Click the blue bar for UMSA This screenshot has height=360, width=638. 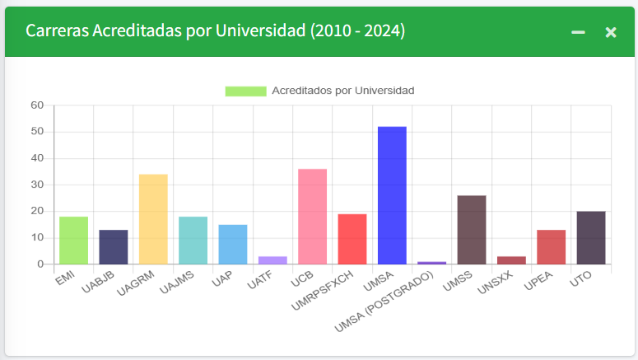[x=392, y=195]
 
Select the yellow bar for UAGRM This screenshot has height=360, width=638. [x=153, y=219]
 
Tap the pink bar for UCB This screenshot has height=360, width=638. [x=312, y=217]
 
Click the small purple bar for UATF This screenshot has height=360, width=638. [x=272, y=260]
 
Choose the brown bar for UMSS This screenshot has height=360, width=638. [x=472, y=230]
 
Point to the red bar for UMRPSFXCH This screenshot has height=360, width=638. [x=352, y=239]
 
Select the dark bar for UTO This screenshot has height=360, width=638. [x=591, y=237]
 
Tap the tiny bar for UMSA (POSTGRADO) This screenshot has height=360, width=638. [x=431, y=263]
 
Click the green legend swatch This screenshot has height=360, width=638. [x=245, y=91]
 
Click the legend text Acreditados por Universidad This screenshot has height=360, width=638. [x=342, y=91]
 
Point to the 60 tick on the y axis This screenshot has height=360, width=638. [x=36, y=105]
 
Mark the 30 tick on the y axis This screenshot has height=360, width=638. [x=36, y=185]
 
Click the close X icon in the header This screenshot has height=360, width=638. [x=611, y=32]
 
